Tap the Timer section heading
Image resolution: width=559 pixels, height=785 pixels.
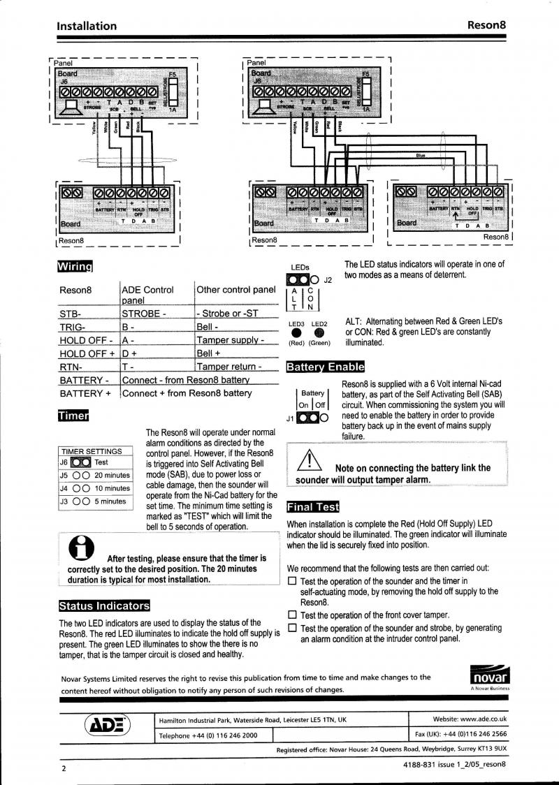[74, 416]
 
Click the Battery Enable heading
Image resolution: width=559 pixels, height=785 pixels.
[325, 367]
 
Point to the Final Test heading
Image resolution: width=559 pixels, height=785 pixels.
[313, 507]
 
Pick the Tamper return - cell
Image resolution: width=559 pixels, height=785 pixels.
[229, 367]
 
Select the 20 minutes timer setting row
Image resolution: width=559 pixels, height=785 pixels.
[94, 475]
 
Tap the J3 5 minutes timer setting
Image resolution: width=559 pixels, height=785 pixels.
[94, 501]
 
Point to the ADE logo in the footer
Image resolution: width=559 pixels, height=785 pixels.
[107, 726]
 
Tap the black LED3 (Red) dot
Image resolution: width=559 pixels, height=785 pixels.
[297, 333]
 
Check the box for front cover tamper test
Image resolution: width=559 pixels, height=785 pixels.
[293, 615]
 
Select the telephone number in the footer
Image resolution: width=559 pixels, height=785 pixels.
[208, 735]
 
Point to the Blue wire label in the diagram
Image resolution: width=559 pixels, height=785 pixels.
[421, 155]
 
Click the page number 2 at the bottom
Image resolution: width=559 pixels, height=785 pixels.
[63, 768]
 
